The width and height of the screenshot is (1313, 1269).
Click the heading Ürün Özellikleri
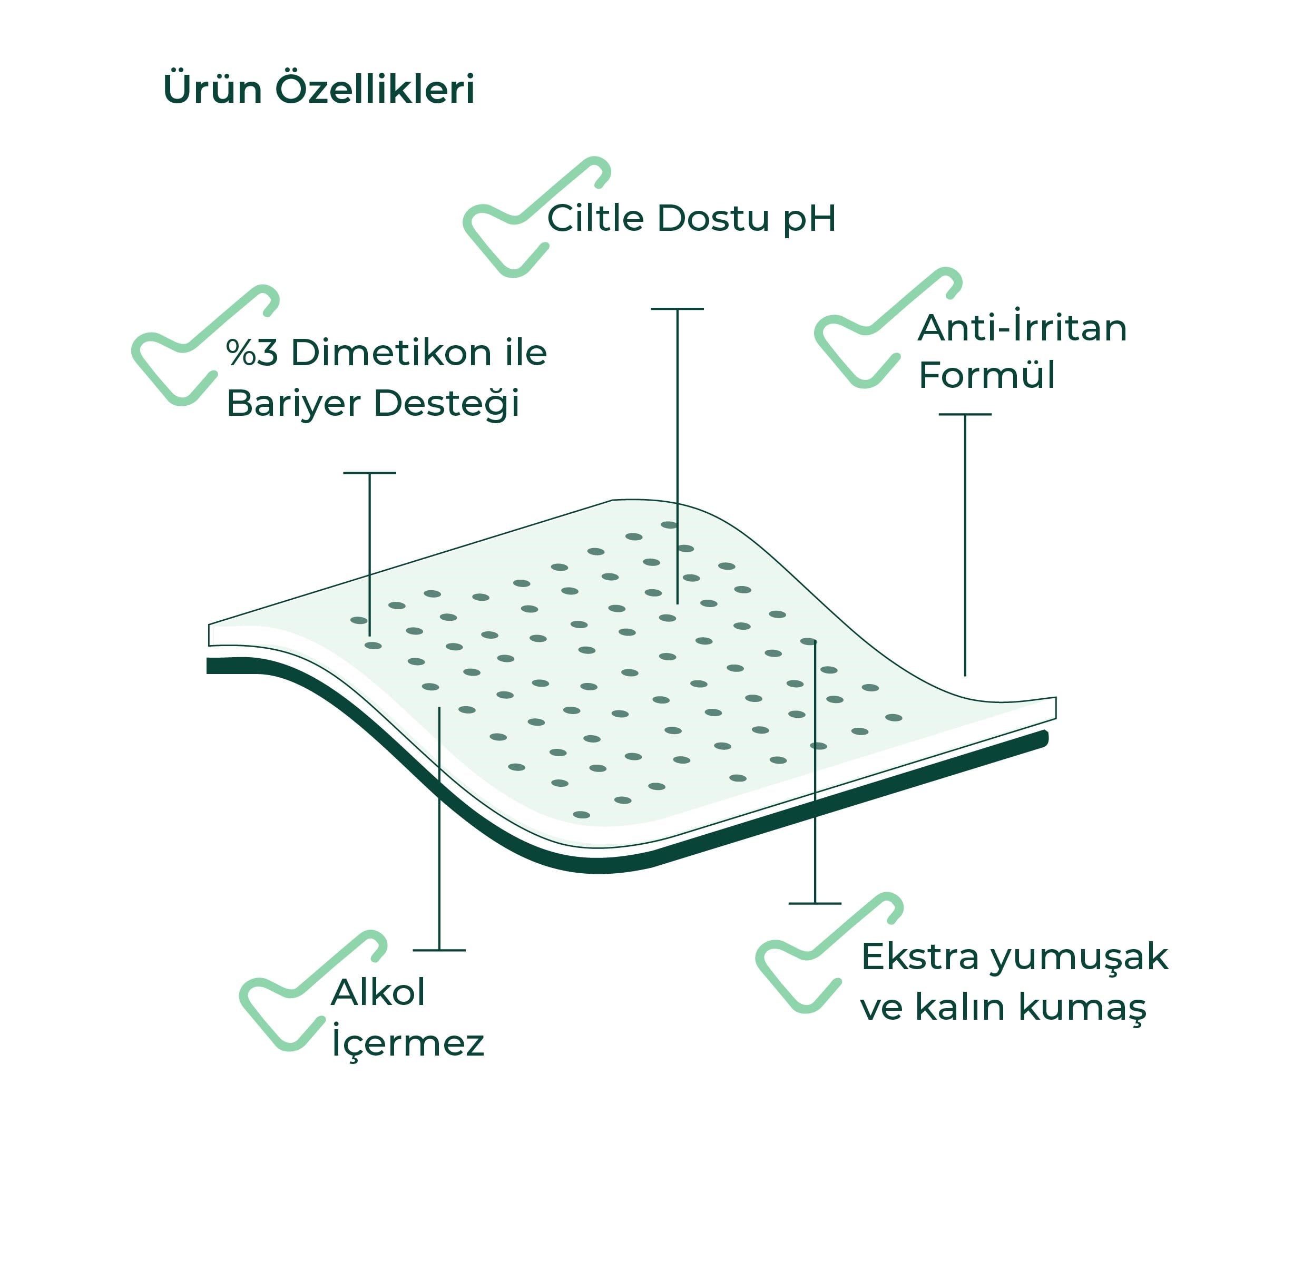click(x=319, y=89)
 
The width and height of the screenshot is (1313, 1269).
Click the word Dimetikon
click(x=392, y=353)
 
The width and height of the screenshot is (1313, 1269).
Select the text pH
click(x=810, y=220)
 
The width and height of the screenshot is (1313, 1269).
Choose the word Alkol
click(x=378, y=992)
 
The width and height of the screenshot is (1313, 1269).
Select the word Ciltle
click(x=596, y=218)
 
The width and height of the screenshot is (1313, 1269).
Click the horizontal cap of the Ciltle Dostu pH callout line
click(x=677, y=309)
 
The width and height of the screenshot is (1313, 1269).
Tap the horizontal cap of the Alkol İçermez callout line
click(x=439, y=950)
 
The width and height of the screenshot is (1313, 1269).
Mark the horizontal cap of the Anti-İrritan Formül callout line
click(x=965, y=414)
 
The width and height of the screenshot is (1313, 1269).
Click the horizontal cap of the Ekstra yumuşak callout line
click(x=815, y=903)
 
